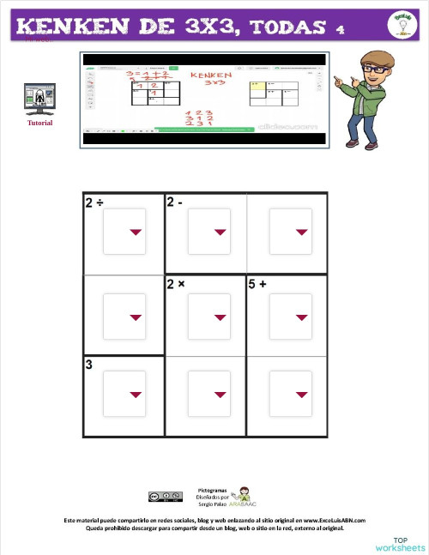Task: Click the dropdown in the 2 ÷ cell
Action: point(124,232)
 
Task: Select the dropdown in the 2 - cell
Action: point(208,232)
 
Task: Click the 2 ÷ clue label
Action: point(94,202)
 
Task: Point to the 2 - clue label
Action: point(175,202)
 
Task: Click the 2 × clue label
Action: point(177,284)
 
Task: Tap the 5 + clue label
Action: point(258,284)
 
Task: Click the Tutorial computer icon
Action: point(39,100)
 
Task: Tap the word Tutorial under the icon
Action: point(39,123)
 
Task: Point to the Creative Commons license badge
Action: point(165,497)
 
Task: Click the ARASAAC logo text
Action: point(243,504)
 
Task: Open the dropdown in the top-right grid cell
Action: point(291,232)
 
